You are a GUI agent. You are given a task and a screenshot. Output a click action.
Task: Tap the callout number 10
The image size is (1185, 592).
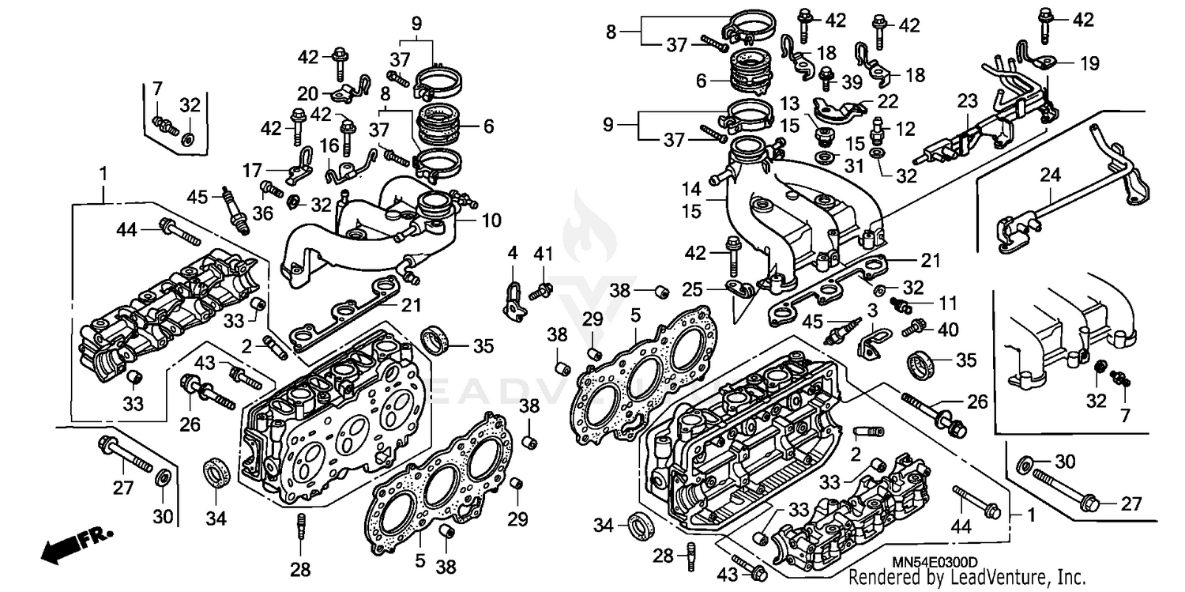(x=491, y=221)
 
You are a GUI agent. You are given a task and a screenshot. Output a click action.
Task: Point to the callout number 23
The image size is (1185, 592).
(x=969, y=100)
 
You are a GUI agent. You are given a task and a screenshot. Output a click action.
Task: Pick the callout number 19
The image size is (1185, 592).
(x=1089, y=64)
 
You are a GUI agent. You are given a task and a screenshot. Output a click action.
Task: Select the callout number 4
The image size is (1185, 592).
(x=512, y=255)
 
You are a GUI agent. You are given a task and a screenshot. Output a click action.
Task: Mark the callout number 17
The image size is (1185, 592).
(x=252, y=169)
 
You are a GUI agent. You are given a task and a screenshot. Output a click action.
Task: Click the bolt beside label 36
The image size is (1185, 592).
(x=271, y=189)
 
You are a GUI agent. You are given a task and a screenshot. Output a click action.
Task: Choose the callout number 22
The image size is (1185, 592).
(x=888, y=101)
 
